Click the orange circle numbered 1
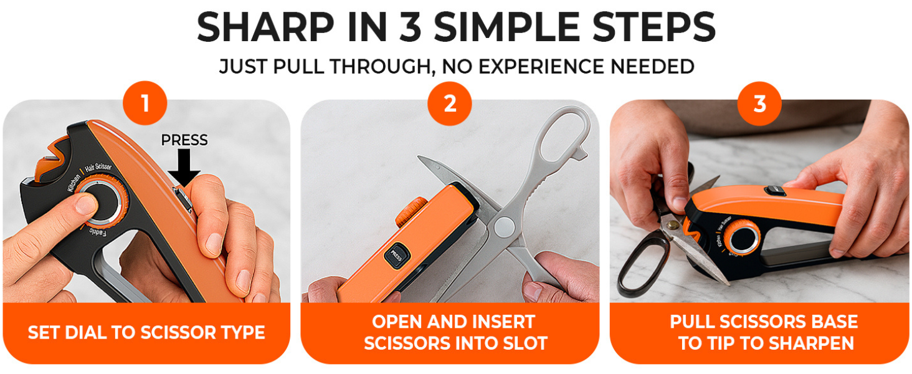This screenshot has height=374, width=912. coord(145,103)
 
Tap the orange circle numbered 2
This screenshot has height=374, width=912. coord(450,103)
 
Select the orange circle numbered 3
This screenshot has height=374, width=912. coord(759,103)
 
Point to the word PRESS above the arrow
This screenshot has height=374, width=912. coord(184,140)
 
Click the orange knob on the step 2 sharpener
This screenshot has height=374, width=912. coord(411,212)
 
